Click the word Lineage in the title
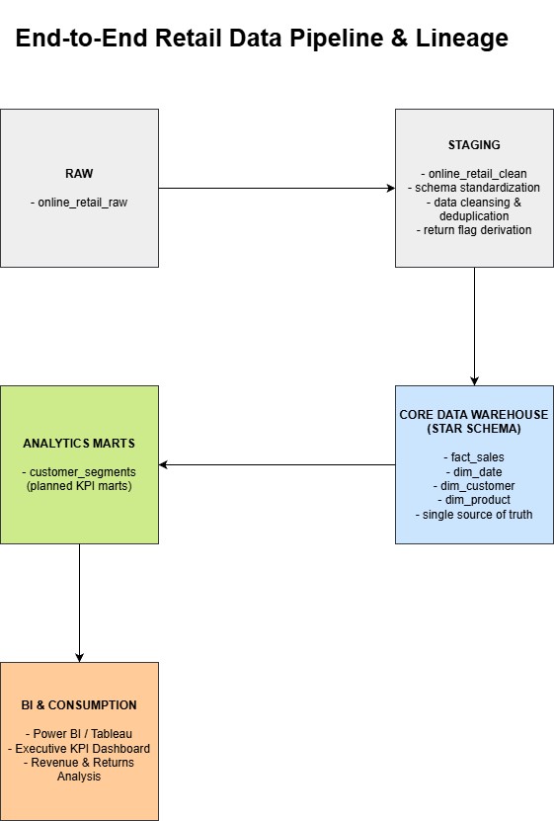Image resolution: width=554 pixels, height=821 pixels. coord(462,39)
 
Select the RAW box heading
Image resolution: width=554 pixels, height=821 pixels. coord(79,174)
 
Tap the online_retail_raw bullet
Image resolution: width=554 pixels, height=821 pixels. coord(79,203)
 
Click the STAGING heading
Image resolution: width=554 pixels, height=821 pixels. coord(474,145)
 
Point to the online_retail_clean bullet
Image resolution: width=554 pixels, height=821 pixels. coord(474,174)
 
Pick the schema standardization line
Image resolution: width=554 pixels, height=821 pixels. coord(474,188)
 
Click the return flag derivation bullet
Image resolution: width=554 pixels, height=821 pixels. coord(474,230)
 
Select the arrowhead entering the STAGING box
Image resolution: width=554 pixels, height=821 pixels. coord(391,188)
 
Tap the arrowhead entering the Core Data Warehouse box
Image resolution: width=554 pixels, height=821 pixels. coord(474,381)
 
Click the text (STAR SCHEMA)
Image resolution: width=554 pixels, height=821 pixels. coord(474,429)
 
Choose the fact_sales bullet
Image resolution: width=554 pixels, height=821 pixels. coord(474,457)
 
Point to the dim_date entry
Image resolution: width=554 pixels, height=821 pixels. coord(474,472)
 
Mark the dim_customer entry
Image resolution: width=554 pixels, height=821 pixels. coord(474,486)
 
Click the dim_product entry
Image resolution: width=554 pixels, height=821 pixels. coord(474,500)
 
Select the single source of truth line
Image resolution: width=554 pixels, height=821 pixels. coord(474,515)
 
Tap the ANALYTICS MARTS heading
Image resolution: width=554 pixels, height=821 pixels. coord(79,444)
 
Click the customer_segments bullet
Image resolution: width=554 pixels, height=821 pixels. coord(79,472)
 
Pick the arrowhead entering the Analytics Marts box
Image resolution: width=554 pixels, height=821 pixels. coord(163,464)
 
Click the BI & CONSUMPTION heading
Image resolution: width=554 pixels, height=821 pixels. coord(79,705)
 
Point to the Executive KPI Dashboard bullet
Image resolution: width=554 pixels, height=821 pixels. coord(79,749)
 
